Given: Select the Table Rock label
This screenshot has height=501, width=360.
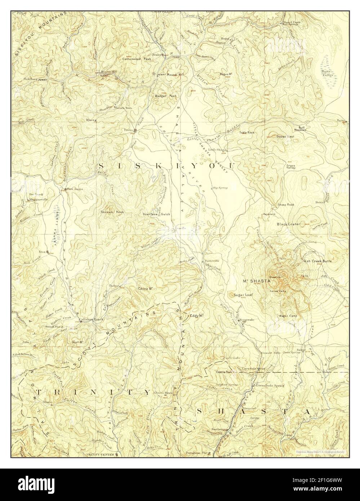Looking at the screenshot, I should (x=247, y=133).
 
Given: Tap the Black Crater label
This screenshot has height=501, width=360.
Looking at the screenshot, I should (x=288, y=224).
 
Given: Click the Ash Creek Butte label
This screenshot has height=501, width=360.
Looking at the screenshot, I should (x=317, y=261).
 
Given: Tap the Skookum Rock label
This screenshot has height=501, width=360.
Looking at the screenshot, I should (x=112, y=212).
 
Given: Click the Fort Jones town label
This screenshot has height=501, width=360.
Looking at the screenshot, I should (x=75, y=189).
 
